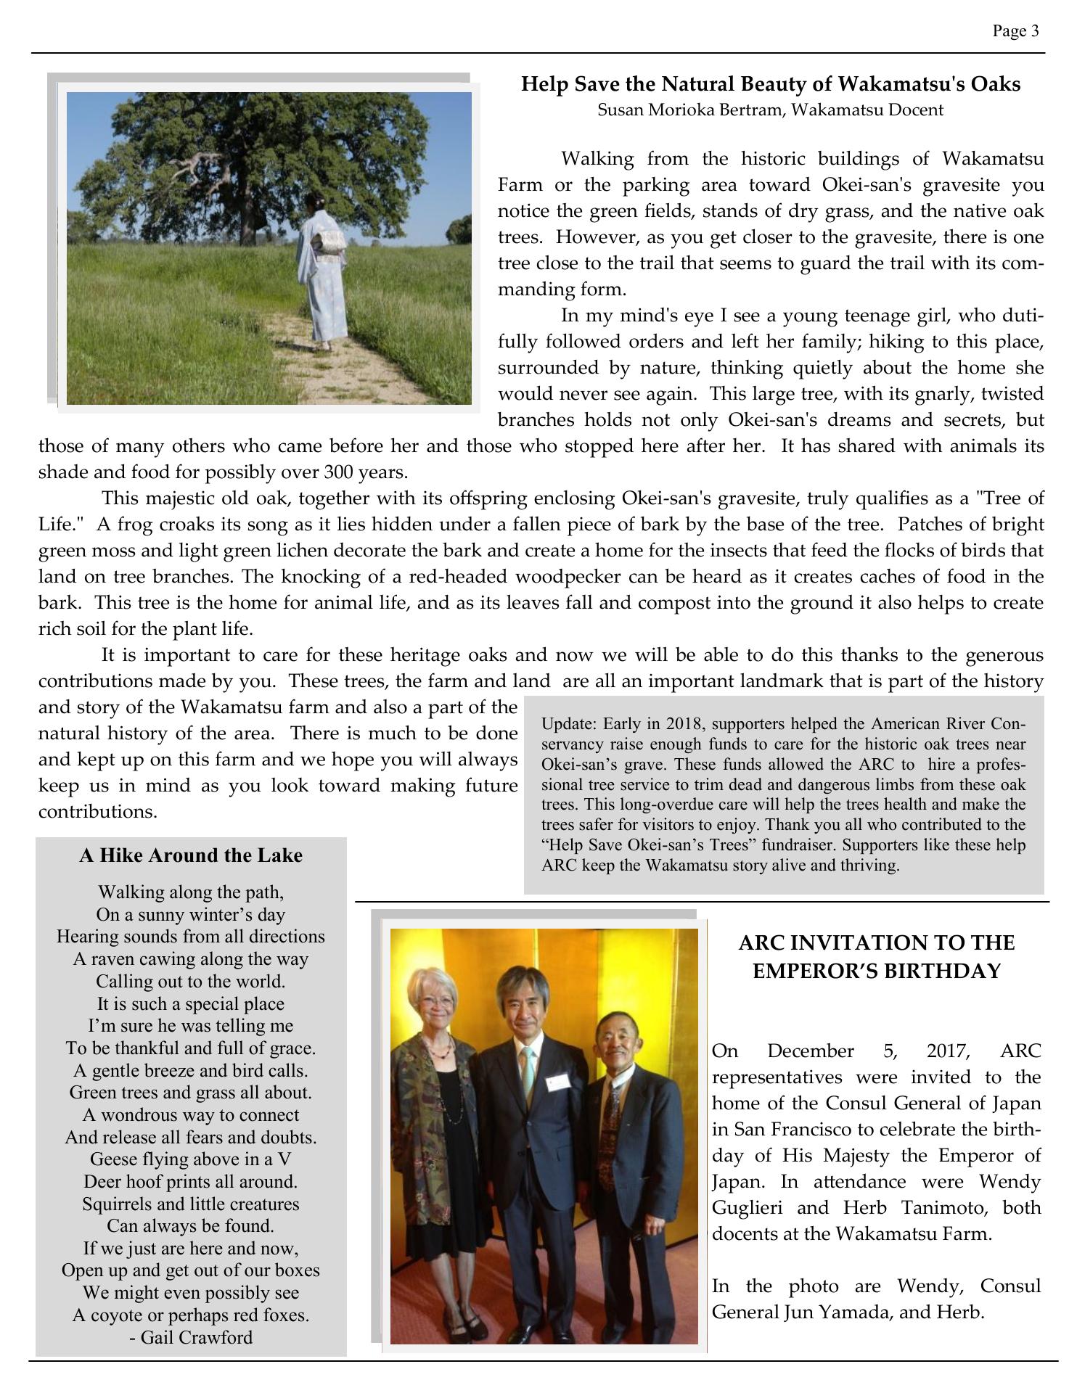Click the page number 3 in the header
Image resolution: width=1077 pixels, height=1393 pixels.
1034,30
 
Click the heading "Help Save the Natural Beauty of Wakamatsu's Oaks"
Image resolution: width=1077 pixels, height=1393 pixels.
771,84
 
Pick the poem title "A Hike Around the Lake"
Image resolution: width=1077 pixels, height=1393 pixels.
191,855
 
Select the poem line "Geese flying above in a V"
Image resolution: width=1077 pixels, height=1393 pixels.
191,1159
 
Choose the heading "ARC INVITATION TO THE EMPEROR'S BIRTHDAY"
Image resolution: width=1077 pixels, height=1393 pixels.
877,957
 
